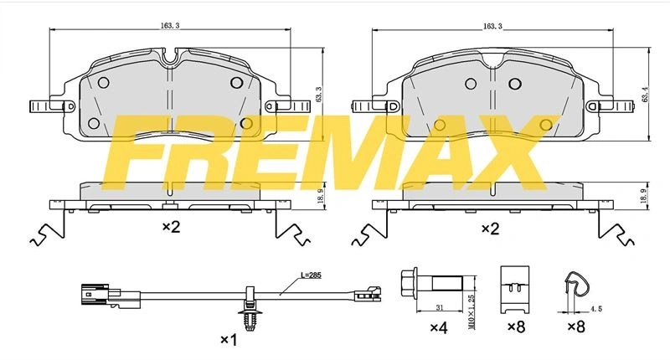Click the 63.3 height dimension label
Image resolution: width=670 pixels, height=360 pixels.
318,95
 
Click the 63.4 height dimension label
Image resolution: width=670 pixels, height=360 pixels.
645,94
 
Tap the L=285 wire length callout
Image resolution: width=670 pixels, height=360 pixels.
311,275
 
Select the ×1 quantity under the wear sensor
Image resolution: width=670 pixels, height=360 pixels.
229,340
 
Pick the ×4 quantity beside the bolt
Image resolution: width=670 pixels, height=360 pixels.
438,328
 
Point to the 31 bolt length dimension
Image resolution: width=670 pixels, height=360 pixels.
439,306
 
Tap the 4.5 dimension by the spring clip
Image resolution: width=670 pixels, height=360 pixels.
596,308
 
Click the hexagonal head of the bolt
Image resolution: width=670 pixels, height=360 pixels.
410,283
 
